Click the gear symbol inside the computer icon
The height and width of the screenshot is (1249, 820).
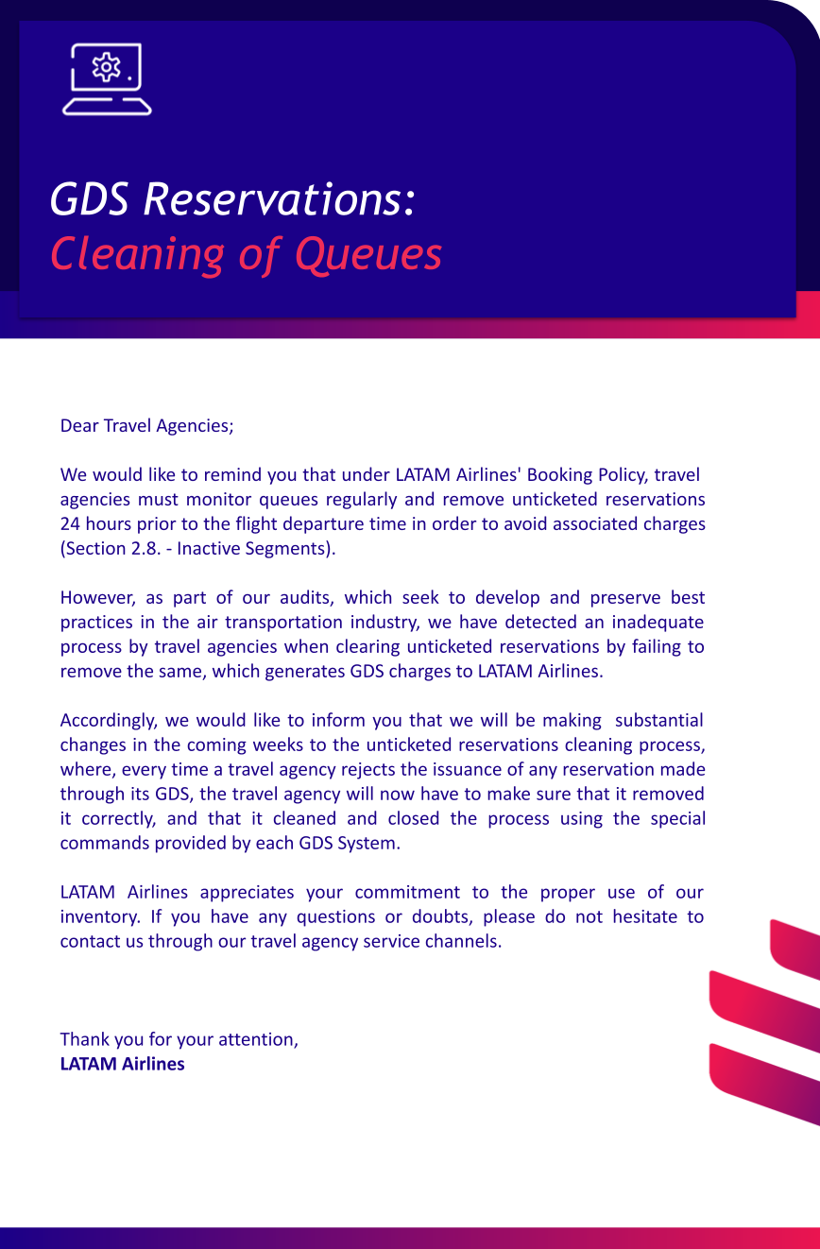[106, 66]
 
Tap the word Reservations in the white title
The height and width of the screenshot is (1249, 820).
[275, 198]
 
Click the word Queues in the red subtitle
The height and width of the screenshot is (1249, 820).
[368, 253]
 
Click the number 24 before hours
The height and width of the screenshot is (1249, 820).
[70, 523]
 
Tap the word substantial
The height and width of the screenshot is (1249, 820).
[658, 720]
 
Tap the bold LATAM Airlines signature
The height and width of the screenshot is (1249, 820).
[122, 1064]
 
